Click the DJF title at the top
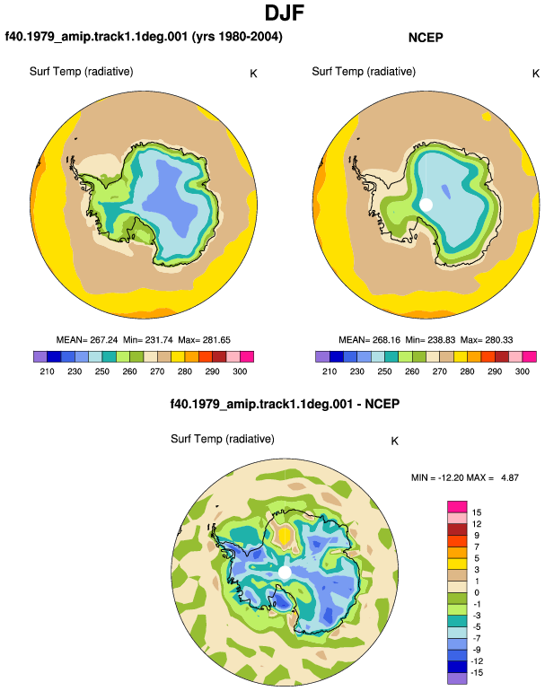[x=285, y=13]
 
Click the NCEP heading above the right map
[x=426, y=38]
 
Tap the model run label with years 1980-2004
[x=144, y=36]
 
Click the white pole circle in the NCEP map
[x=426, y=205]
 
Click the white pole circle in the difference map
[x=285, y=573]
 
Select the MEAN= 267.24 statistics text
[x=87, y=340]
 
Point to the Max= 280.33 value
[x=487, y=340]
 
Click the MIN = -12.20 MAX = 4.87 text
[x=465, y=477]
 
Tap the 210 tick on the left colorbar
[x=47, y=371]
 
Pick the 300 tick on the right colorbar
[x=522, y=371]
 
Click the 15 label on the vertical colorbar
[x=477, y=512]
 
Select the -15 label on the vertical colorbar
[x=478, y=672]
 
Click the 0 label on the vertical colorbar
[x=477, y=592]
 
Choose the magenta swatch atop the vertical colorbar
[x=457, y=507]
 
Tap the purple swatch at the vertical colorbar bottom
[x=457, y=678]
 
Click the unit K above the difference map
[x=395, y=442]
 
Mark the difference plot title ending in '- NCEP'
[x=285, y=404]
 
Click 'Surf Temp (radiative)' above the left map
[x=81, y=72]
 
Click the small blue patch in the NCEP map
[x=446, y=192]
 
